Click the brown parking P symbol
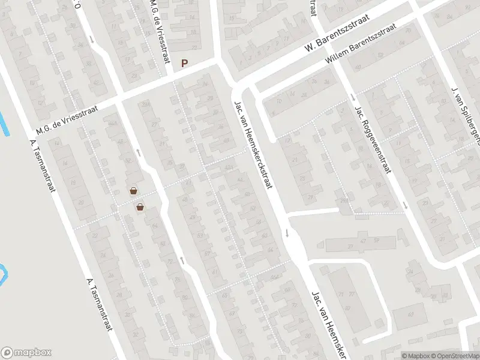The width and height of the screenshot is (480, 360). tap(185, 63)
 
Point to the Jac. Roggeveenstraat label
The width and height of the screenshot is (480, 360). tap(373, 139)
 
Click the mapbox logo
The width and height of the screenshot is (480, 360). tap(26, 353)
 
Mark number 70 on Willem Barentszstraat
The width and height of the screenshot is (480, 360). tap(407, 30)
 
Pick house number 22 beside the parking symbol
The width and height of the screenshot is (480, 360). tap(193, 47)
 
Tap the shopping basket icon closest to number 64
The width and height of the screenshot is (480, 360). tap(140, 208)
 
